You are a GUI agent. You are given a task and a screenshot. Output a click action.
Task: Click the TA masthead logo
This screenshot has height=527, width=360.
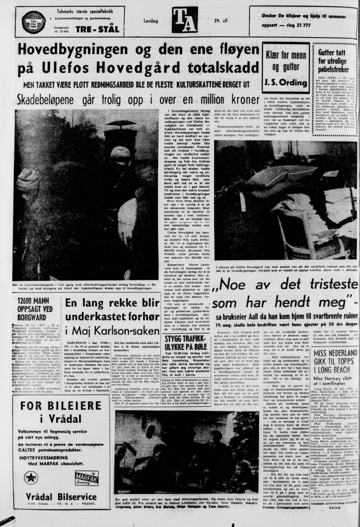(185, 19)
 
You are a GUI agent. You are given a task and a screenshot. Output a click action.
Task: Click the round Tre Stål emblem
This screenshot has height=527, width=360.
(34, 22)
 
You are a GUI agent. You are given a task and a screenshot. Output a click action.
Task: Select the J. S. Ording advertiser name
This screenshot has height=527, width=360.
(287, 82)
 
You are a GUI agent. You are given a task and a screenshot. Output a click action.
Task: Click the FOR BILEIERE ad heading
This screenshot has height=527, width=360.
(61, 406)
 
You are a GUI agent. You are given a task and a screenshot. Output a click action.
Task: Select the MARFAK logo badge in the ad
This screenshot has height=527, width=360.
(87, 478)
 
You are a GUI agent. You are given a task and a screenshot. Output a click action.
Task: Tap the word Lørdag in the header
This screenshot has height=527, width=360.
(151, 21)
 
